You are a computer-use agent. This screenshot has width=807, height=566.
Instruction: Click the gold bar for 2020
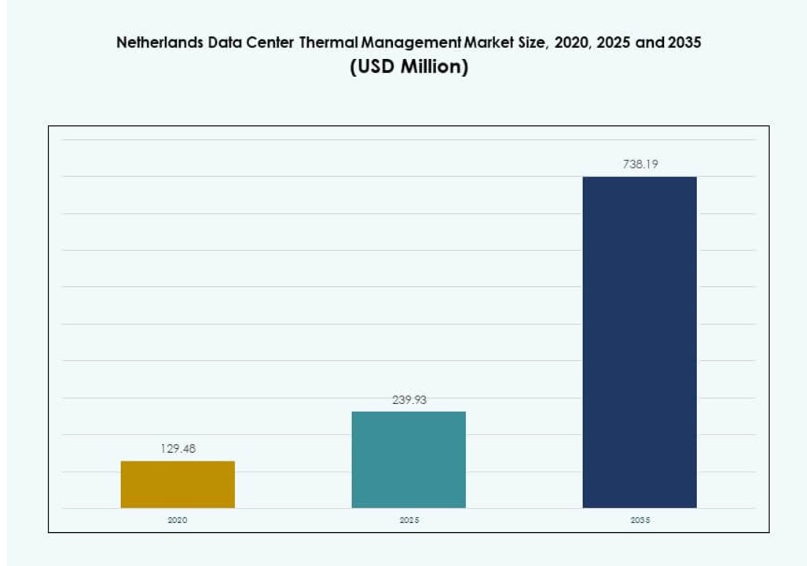point(178,484)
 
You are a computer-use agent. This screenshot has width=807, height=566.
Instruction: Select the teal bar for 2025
point(409,460)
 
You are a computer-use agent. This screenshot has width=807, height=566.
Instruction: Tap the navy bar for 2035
point(640,342)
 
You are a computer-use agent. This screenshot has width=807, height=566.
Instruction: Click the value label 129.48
point(178,449)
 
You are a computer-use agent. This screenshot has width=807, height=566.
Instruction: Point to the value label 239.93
point(409,400)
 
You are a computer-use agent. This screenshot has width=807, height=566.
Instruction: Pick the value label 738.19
point(640,165)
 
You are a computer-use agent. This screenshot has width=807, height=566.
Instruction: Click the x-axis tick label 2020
point(178,520)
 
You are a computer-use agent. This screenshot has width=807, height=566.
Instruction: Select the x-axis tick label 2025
point(409,520)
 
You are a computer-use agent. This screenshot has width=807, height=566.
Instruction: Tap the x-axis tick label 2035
point(640,520)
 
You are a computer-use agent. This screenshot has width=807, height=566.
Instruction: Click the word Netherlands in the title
point(160,43)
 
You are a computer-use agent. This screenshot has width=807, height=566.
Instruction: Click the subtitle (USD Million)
point(409,68)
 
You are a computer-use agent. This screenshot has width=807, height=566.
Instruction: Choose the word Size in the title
point(534,43)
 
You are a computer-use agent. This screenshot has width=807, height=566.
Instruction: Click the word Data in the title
point(227,43)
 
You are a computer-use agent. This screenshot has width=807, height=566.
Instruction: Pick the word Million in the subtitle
point(434,68)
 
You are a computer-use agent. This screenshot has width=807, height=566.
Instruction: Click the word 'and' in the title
point(648,43)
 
